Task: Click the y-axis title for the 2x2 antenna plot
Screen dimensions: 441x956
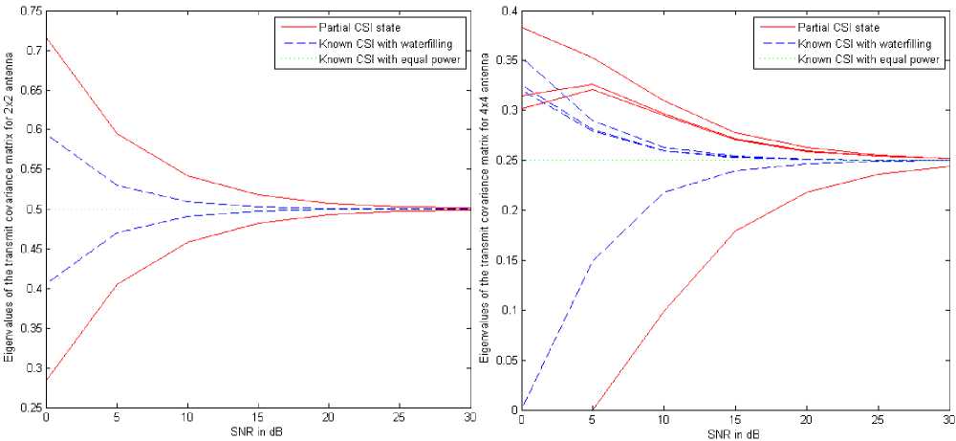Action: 9,209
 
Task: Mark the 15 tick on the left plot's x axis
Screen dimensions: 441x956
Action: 258,420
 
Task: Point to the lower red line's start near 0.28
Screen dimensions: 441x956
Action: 45,381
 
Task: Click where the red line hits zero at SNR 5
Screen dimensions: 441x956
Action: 594,408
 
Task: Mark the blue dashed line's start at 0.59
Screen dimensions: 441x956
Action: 45,137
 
